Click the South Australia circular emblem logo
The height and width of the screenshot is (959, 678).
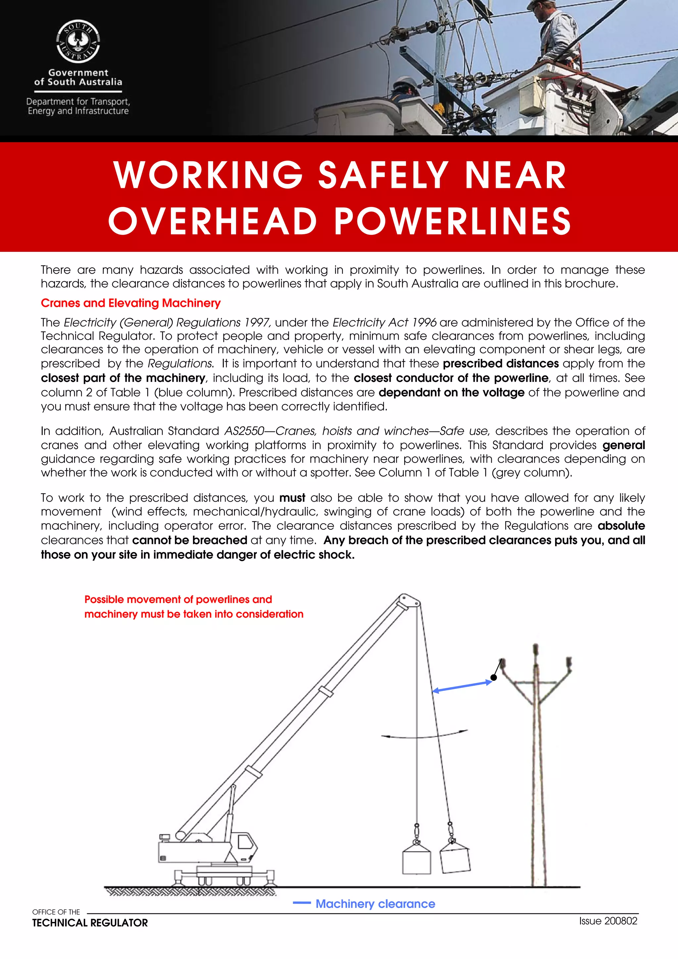[78, 42]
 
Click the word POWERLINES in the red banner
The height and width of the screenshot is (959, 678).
[453, 221]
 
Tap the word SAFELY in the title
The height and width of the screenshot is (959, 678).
[383, 175]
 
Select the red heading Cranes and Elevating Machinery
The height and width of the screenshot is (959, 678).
[130, 303]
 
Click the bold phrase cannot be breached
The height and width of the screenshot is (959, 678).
[190, 540]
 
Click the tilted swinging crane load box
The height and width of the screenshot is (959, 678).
[455, 857]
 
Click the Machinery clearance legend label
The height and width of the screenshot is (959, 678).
[375, 904]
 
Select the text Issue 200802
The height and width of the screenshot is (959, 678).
[608, 921]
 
